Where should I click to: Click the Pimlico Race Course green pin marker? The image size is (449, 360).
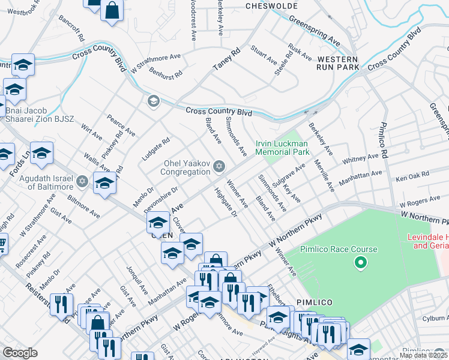click(x=360, y=262)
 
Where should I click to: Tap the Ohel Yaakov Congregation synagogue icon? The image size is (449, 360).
click(x=219, y=166)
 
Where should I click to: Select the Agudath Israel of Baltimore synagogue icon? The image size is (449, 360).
click(x=83, y=180)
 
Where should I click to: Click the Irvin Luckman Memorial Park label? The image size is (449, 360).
click(x=282, y=148)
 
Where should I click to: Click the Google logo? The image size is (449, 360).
click(x=20, y=353)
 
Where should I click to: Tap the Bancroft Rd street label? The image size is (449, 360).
click(x=71, y=29)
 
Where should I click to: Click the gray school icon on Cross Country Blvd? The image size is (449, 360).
click(x=152, y=100)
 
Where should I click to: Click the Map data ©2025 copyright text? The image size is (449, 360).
click(x=423, y=355)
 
